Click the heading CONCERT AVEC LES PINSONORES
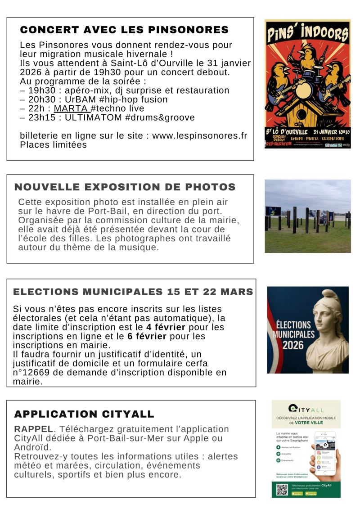[x=124, y=30]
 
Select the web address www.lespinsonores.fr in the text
[x=199, y=135]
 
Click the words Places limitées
[x=53, y=144]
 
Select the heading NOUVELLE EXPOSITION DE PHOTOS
[x=125, y=187]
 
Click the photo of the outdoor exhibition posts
[x=308, y=216]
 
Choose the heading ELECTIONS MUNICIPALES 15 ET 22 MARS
[x=133, y=292]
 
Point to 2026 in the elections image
[x=293, y=346]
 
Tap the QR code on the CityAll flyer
[x=282, y=490]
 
